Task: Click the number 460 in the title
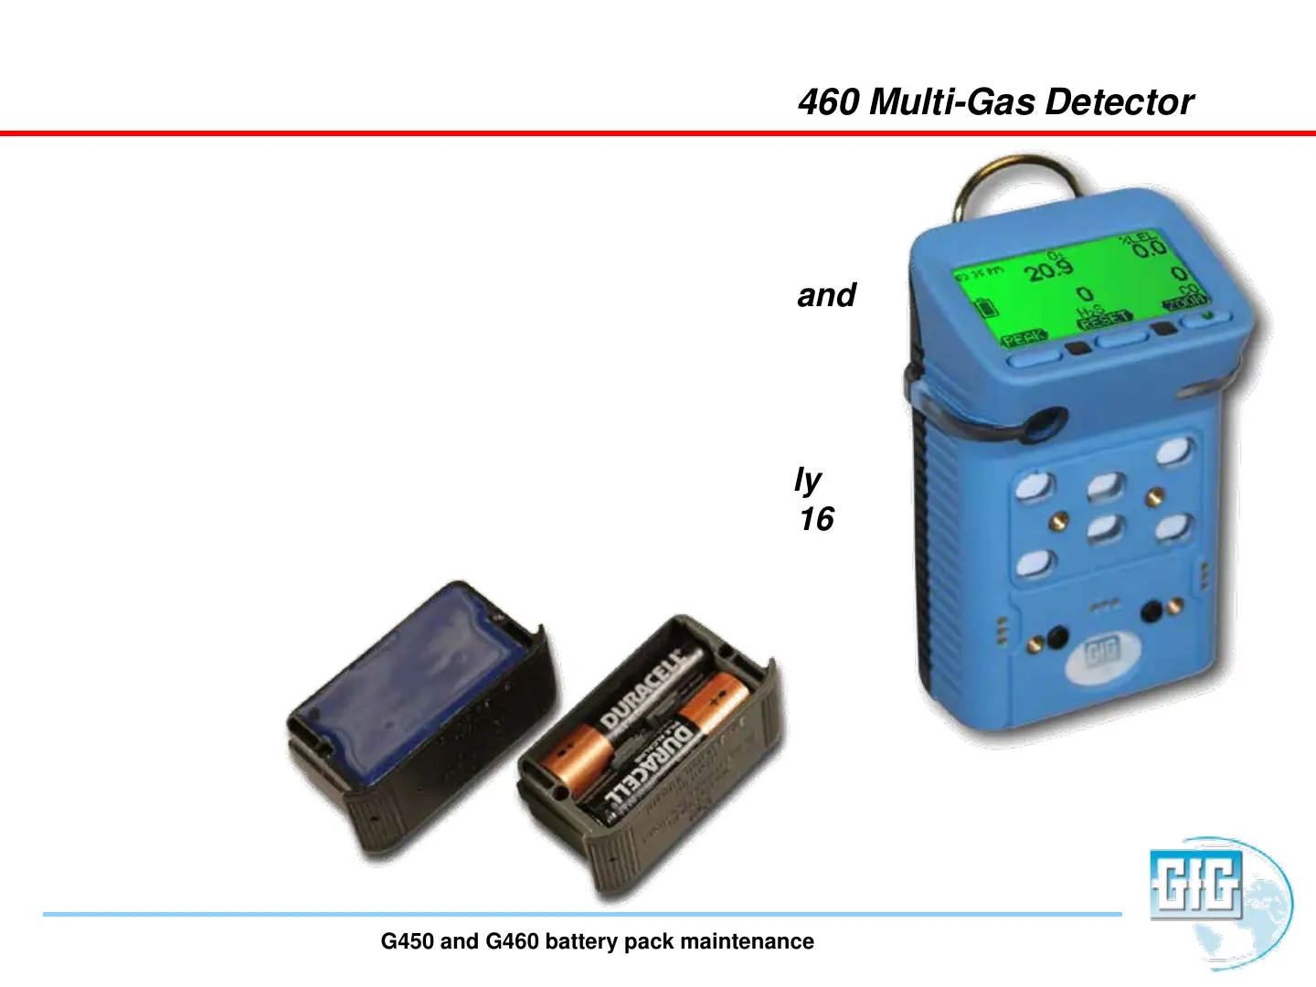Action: pyautogui.click(x=828, y=102)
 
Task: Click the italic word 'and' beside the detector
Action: pyautogui.click(x=826, y=295)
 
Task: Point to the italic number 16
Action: pyautogui.click(x=816, y=519)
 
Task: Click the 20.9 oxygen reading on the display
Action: pyautogui.click(x=1048, y=270)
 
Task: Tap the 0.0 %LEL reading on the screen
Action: pyautogui.click(x=1150, y=248)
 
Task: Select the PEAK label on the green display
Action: pyautogui.click(x=1024, y=339)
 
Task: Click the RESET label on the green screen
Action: pyautogui.click(x=1105, y=319)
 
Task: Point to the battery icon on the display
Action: pyautogui.click(x=986, y=307)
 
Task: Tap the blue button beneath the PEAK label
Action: pyautogui.click(x=1035, y=358)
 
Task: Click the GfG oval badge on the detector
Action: pyautogui.click(x=1103, y=654)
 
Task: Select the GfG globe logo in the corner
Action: pyautogui.click(x=1220, y=899)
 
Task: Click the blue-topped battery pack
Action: pyautogui.click(x=420, y=695)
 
